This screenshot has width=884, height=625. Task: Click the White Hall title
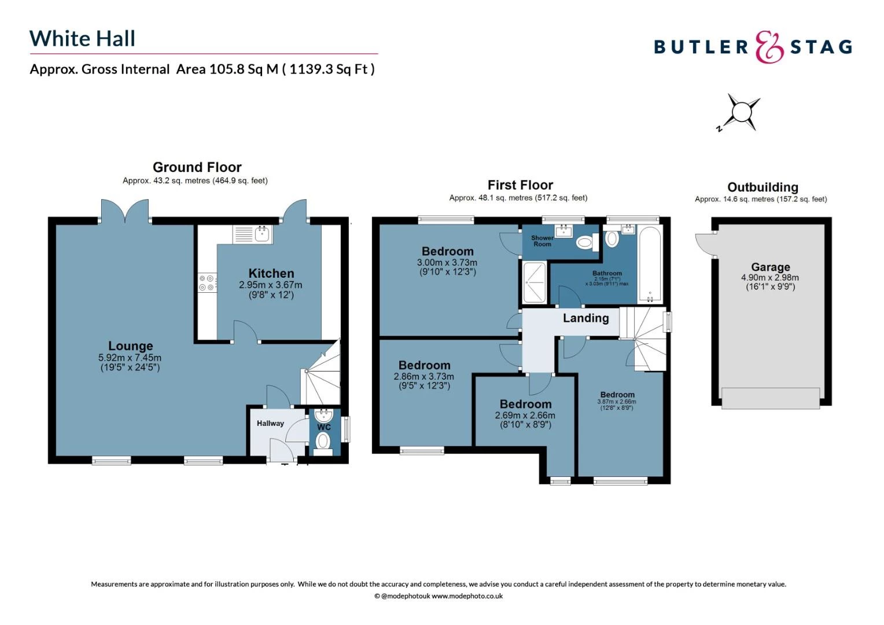tap(82, 39)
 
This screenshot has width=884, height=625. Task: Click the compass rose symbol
tap(740, 112)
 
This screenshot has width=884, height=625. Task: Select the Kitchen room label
tap(271, 273)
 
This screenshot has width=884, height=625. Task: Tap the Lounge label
tap(130, 346)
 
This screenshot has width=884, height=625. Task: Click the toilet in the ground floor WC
tap(323, 442)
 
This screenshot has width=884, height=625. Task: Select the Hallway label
tap(270, 423)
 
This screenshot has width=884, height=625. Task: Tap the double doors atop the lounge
tap(124, 211)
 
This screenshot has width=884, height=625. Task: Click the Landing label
tap(585, 318)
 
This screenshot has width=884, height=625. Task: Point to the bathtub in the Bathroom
tap(650, 265)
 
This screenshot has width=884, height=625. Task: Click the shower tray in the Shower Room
tap(534, 282)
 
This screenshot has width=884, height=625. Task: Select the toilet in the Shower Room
tap(587, 242)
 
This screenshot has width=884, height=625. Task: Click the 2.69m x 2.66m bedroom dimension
tap(525, 416)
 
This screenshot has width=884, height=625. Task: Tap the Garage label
tap(770, 267)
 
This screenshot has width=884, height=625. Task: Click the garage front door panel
tap(770, 398)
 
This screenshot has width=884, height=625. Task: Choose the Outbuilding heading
tap(762, 187)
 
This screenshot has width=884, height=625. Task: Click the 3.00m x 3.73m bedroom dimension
tap(447, 262)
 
